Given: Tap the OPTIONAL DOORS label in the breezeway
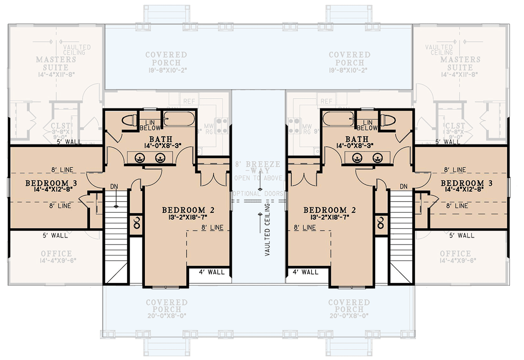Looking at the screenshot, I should click(x=259, y=193).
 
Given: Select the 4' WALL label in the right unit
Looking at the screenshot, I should click(x=306, y=272).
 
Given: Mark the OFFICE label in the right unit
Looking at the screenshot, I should click(x=456, y=254).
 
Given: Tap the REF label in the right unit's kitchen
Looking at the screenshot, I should click(x=326, y=102).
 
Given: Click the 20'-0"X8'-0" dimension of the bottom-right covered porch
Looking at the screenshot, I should click(x=349, y=316).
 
